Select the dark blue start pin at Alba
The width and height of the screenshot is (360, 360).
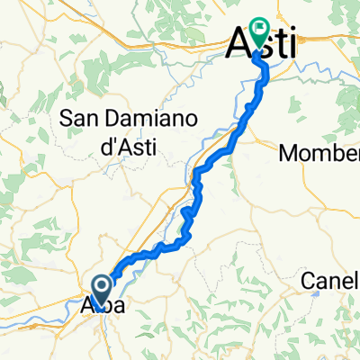(101, 290)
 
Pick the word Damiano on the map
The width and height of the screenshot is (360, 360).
(148, 116)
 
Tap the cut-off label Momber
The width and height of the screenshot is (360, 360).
(319, 153)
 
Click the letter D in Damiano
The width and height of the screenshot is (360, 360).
(114, 116)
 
